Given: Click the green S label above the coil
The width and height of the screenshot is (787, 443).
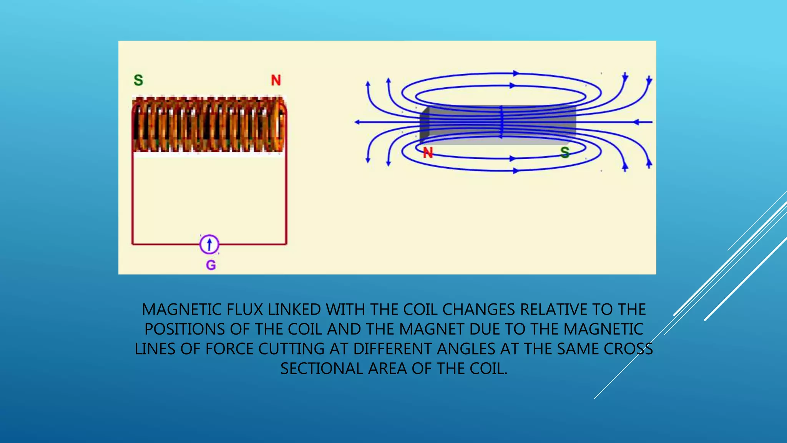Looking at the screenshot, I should (x=138, y=80).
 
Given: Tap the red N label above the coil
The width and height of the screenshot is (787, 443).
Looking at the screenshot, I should (x=276, y=80).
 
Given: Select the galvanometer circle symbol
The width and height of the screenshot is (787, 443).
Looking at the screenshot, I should (x=209, y=244).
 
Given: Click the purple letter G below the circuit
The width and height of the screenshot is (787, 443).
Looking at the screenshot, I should (x=211, y=265).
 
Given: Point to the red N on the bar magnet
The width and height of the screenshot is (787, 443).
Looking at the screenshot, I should (x=428, y=153).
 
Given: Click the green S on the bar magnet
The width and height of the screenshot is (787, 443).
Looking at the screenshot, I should (x=565, y=153).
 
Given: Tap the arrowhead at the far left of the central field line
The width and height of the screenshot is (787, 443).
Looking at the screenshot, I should (x=357, y=122).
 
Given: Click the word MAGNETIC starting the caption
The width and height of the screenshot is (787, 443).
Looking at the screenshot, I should (x=181, y=310).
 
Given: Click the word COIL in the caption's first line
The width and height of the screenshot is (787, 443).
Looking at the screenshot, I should (x=421, y=310).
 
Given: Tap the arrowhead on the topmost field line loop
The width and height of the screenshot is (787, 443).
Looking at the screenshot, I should (x=516, y=73).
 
